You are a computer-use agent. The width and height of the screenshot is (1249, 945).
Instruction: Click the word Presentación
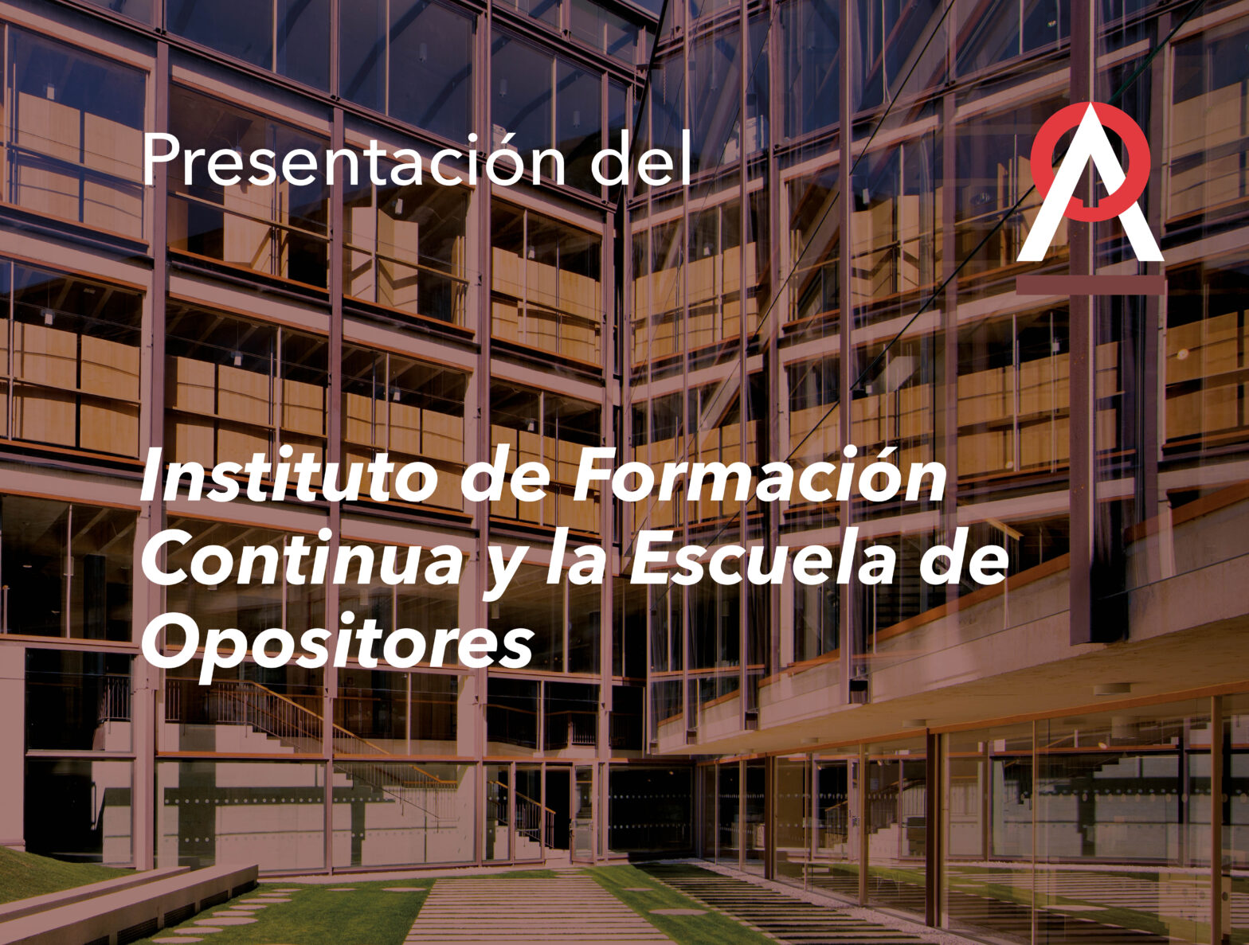point(353,160)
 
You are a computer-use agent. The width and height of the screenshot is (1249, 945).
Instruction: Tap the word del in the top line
point(640,158)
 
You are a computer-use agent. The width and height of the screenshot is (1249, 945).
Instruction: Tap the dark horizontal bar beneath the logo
point(1090,285)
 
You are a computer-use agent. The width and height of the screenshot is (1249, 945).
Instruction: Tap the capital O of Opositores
point(170,643)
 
